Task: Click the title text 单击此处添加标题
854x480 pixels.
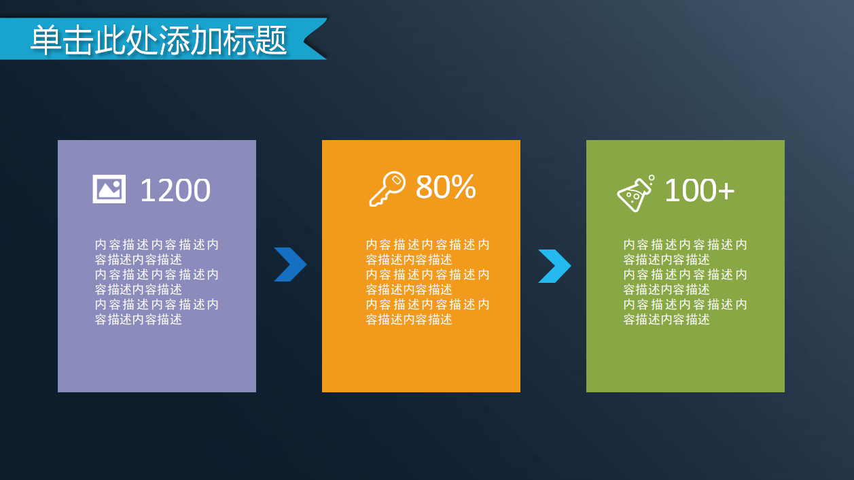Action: pyautogui.click(x=159, y=41)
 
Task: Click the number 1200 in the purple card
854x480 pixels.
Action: pyautogui.click(x=175, y=190)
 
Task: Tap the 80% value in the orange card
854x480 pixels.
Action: pyautogui.click(x=445, y=186)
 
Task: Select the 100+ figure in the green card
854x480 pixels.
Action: pyautogui.click(x=699, y=190)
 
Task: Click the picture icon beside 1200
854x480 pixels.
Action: pyautogui.click(x=109, y=189)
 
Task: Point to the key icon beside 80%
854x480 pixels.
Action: pyautogui.click(x=387, y=189)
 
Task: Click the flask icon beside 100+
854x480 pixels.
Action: pyautogui.click(x=635, y=194)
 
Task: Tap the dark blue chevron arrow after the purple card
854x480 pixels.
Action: pyautogui.click(x=290, y=264)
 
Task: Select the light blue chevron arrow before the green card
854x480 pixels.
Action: pyautogui.click(x=554, y=266)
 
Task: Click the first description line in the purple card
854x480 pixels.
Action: pyautogui.click(x=157, y=245)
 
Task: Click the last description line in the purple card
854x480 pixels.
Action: pyautogui.click(x=139, y=320)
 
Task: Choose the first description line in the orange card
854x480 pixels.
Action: pyautogui.click(x=428, y=245)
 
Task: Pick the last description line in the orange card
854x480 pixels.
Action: pyautogui.click(x=409, y=320)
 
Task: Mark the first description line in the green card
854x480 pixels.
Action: pyautogui.click(x=686, y=245)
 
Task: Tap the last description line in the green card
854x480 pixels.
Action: pyautogui.click(x=666, y=320)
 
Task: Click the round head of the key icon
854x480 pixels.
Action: pyautogui.click(x=395, y=182)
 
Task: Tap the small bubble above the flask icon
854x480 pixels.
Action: pyautogui.click(x=651, y=178)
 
